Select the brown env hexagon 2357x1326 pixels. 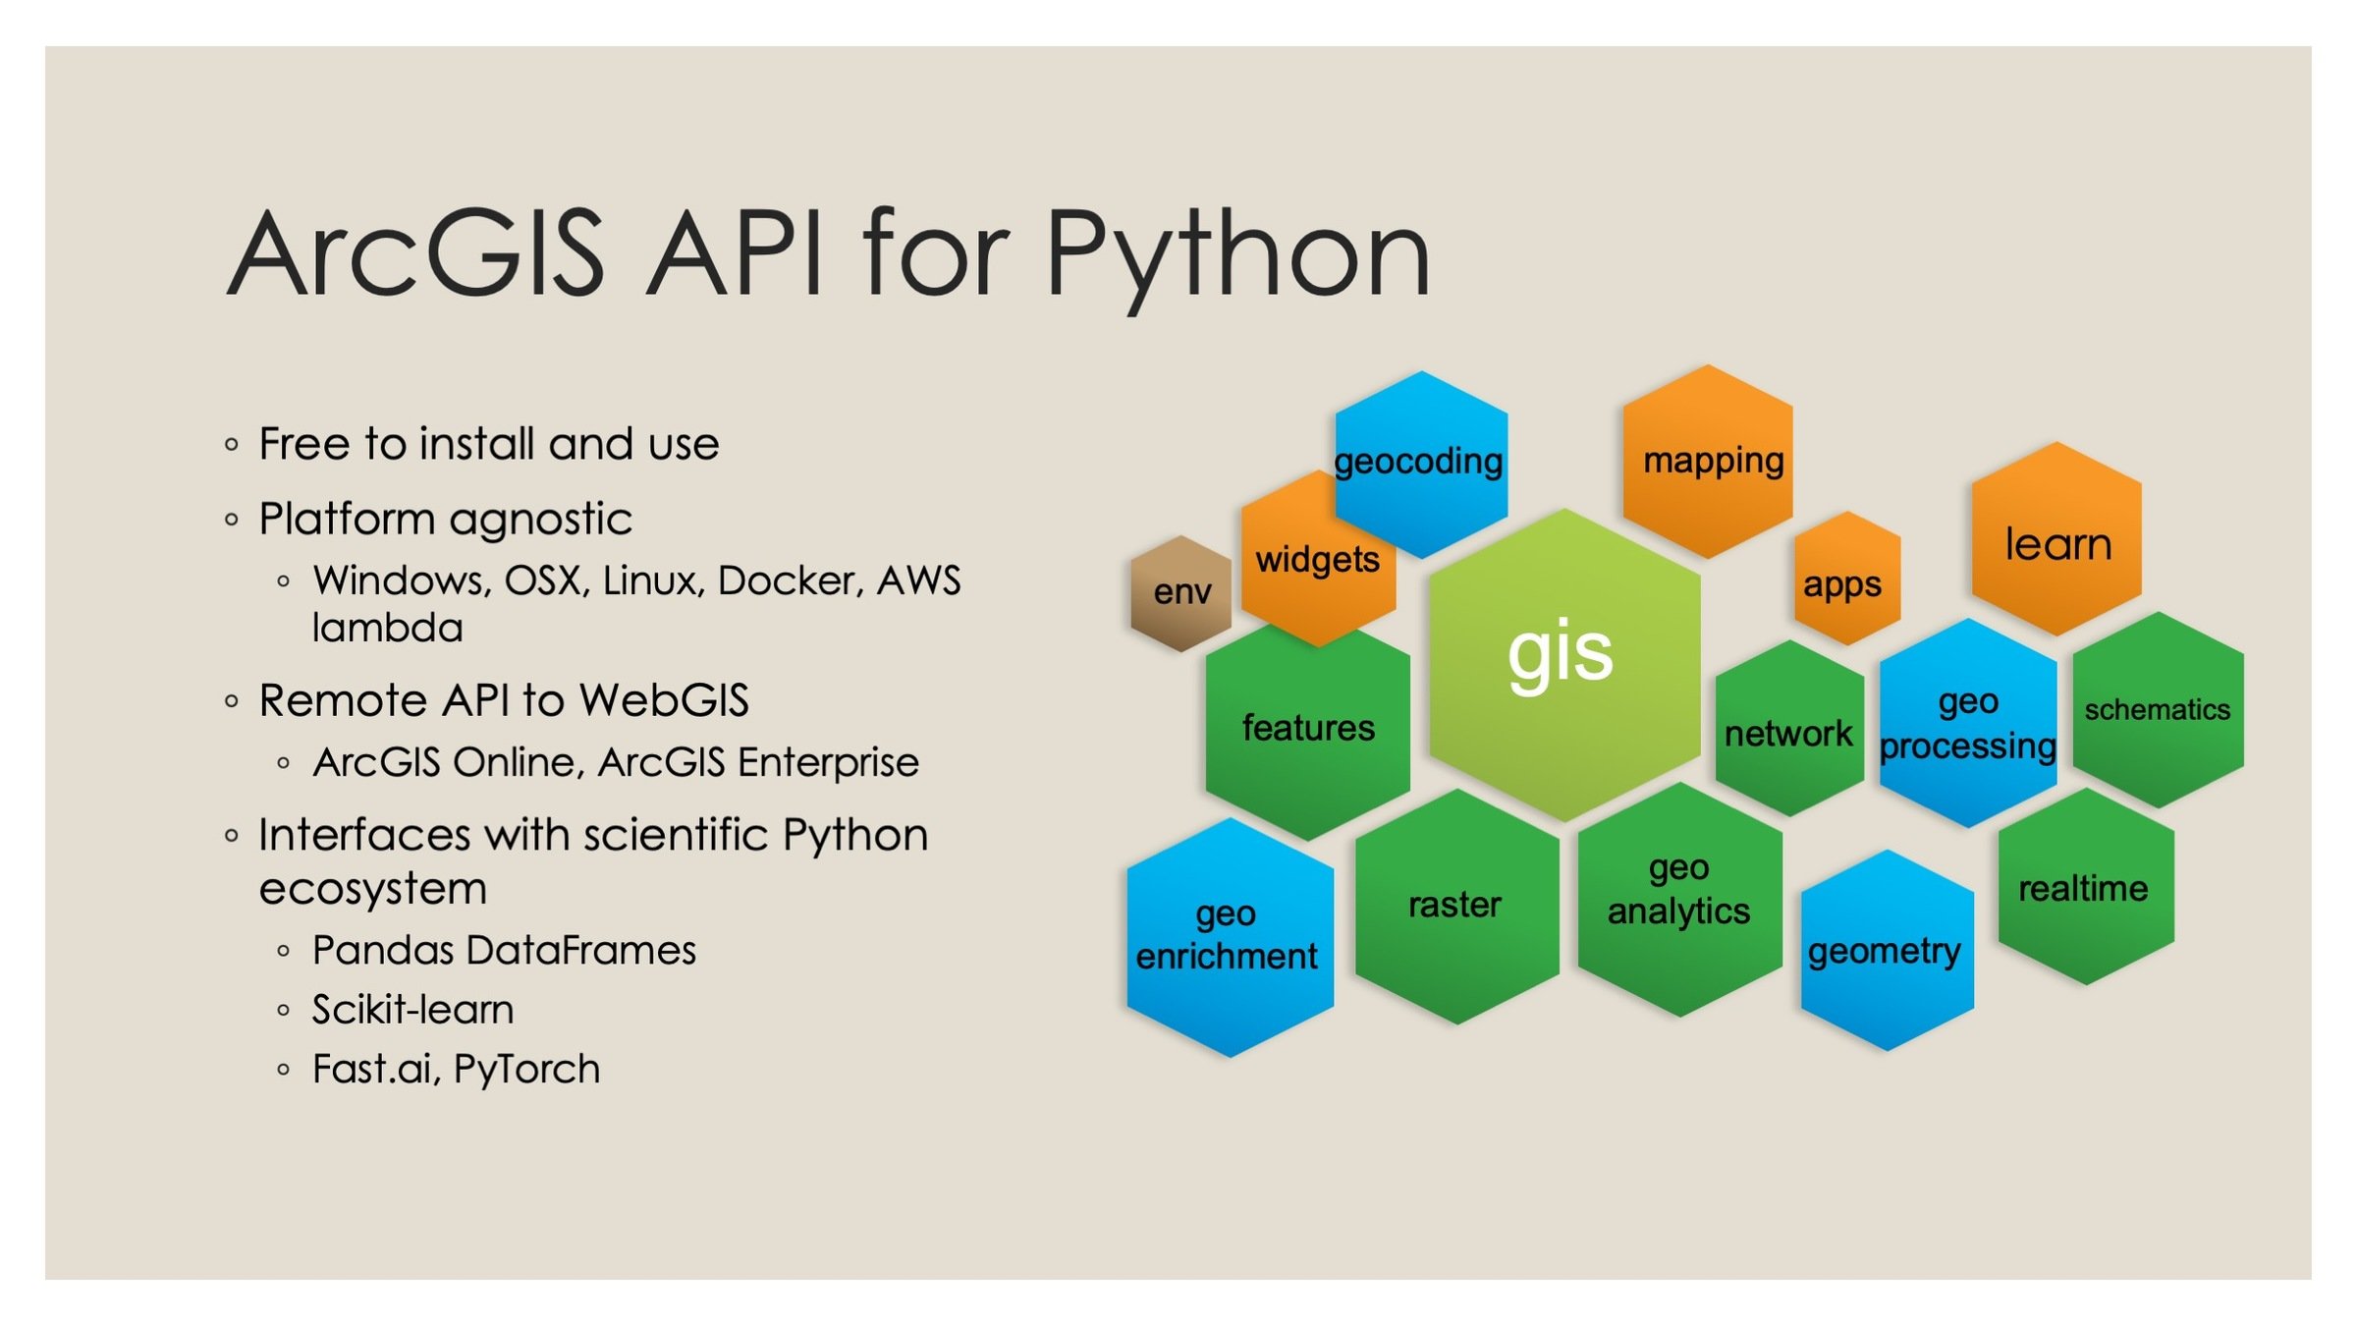pyautogui.click(x=1180, y=593)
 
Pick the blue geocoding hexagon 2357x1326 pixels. pyautogui.click(x=1420, y=462)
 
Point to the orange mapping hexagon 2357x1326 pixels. pyautogui.click(x=1709, y=462)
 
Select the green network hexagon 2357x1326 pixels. pyautogui.click(x=1789, y=732)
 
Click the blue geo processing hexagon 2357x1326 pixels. pyautogui.click(x=1968, y=725)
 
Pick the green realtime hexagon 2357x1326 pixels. pyautogui.click(x=2084, y=888)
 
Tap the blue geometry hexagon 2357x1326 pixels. pyautogui.click(x=1886, y=951)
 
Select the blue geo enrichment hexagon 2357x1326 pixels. pyautogui.click(x=1228, y=938)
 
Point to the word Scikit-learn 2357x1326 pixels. pyautogui.click(x=412, y=1010)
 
